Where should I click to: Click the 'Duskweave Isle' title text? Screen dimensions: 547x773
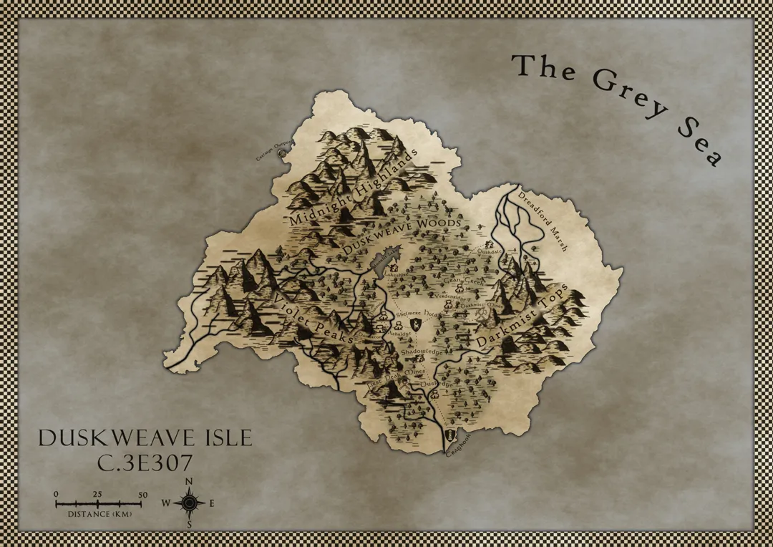(145, 438)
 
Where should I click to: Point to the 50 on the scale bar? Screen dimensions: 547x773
(142, 495)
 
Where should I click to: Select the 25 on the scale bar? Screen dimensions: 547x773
(98, 495)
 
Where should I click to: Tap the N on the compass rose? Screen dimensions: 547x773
(189, 481)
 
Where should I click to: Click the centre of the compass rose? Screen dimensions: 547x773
(189, 503)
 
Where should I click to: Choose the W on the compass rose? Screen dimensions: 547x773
(166, 503)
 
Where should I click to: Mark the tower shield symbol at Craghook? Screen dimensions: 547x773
(449, 435)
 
